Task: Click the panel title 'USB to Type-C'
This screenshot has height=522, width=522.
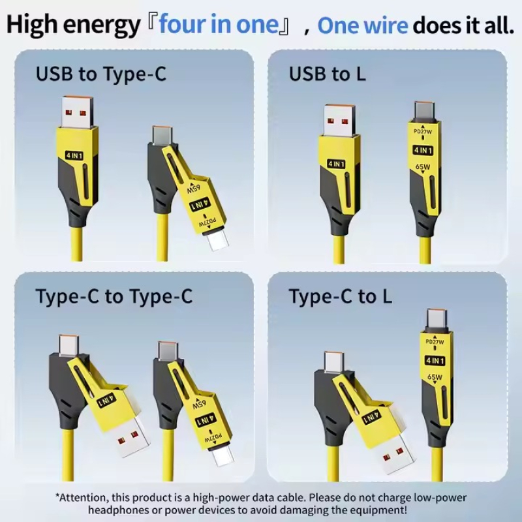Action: (x=101, y=74)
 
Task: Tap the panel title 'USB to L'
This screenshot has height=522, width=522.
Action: (x=328, y=74)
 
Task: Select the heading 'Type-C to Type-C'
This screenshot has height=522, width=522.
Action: (x=114, y=296)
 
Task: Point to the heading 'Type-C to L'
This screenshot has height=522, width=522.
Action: (x=340, y=296)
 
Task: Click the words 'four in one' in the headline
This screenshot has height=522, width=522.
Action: (x=219, y=24)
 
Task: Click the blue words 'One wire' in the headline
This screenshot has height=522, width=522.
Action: (x=363, y=25)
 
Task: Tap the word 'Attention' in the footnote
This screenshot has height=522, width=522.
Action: (x=84, y=498)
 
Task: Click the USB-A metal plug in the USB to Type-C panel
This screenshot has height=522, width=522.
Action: (x=78, y=112)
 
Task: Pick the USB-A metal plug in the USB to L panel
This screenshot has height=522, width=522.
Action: (x=339, y=121)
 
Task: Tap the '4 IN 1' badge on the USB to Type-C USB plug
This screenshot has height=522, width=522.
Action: (x=74, y=155)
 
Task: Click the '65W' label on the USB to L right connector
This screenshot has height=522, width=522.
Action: (x=423, y=166)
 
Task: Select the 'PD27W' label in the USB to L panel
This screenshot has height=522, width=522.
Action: (x=423, y=132)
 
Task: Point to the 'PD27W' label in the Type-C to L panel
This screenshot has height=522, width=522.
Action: (x=435, y=342)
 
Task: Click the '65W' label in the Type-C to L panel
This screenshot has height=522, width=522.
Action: (x=435, y=377)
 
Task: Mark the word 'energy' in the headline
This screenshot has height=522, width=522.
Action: (x=101, y=26)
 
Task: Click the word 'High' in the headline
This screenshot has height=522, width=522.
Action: (x=31, y=25)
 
